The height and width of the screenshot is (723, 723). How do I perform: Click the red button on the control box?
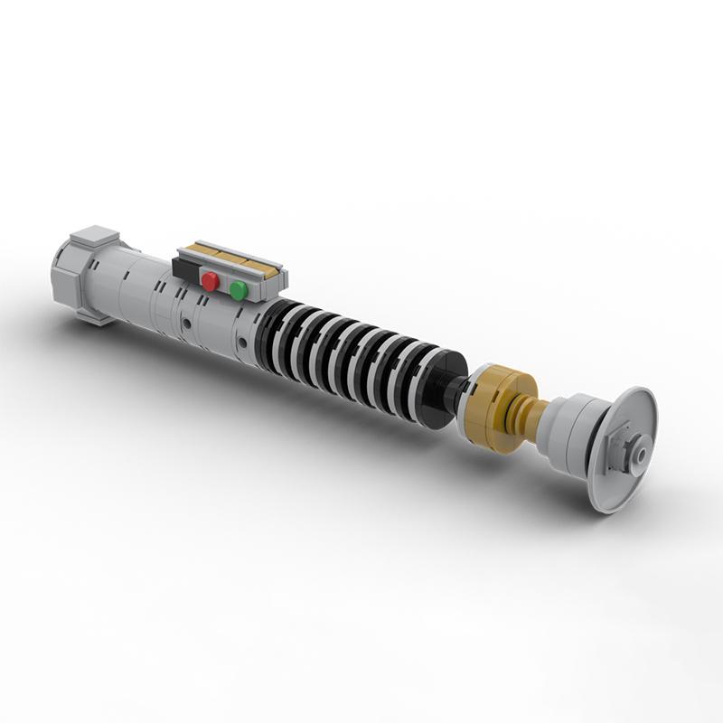point(210,282)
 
